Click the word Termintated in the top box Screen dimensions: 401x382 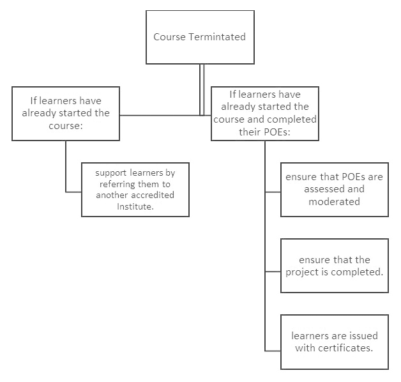(217, 37)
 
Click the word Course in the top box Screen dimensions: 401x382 (169, 37)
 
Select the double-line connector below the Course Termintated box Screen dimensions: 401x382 (202, 89)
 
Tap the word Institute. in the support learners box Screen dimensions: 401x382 (135, 206)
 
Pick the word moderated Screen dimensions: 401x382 (334, 202)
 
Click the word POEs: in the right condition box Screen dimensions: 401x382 (276, 132)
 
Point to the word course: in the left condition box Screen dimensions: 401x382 (66, 126)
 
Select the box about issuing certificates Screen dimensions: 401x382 (335, 342)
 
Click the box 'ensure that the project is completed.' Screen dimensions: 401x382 (335, 266)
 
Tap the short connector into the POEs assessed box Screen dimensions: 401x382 (273, 192)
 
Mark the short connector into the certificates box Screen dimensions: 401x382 (273, 351)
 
